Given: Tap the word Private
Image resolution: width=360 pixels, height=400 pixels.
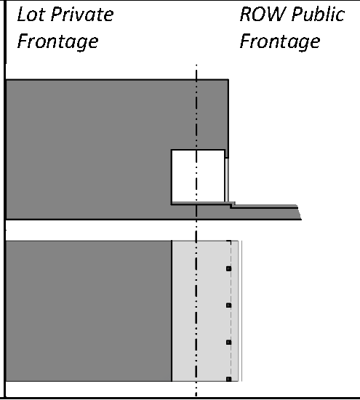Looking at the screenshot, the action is tap(82, 15).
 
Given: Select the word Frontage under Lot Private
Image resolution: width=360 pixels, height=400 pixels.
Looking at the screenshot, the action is tap(57, 42).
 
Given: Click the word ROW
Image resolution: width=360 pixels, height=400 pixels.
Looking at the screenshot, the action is tap(263, 15).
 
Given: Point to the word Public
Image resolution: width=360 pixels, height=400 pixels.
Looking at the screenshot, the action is tap(318, 15).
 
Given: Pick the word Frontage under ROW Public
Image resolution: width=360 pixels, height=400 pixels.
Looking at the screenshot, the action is tap(280, 42).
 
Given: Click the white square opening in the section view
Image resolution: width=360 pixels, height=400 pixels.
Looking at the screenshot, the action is tap(198, 176).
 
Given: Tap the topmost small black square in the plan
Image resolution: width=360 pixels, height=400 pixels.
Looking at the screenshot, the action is tap(228, 268).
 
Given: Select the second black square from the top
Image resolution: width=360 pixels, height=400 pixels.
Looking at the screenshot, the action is tap(228, 305).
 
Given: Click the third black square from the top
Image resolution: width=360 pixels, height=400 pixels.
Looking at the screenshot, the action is tap(228, 343).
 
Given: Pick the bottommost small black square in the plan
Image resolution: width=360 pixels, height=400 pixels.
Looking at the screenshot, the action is tap(228, 379).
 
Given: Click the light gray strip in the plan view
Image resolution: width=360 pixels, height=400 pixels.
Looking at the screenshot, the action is tap(205, 311).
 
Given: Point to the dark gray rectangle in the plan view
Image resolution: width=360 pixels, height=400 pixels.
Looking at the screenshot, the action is tap(89, 311).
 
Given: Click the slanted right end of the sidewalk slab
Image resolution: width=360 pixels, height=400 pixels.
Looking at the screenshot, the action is tap(300, 212).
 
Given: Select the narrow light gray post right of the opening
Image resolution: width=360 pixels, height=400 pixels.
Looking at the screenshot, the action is tap(227, 180).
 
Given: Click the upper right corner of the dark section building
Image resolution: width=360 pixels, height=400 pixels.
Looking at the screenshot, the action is tap(228, 80).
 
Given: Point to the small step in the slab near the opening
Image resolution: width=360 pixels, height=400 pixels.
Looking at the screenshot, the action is tap(233, 204).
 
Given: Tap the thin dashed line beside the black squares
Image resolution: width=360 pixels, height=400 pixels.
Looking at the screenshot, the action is tap(231, 311).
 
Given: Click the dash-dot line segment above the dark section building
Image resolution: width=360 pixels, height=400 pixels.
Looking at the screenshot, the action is tap(196, 72).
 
